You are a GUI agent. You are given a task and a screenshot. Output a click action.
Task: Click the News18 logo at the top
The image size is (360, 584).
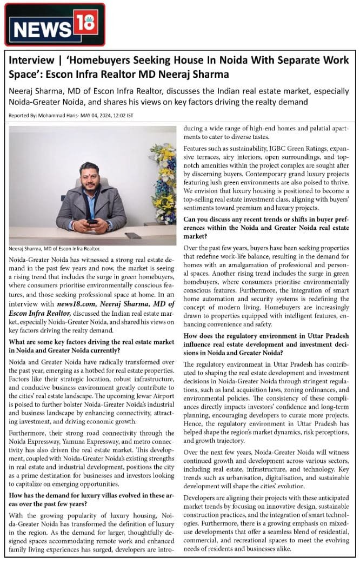click(55, 24)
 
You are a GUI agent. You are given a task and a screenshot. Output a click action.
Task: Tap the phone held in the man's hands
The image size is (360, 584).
click(92, 221)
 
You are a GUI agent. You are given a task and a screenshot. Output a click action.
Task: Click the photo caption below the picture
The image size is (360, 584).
click(55, 249)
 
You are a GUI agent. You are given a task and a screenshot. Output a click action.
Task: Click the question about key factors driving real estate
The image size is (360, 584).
click(92, 346)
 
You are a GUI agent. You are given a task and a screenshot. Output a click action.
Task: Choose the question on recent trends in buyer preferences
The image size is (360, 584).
click(266, 228)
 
